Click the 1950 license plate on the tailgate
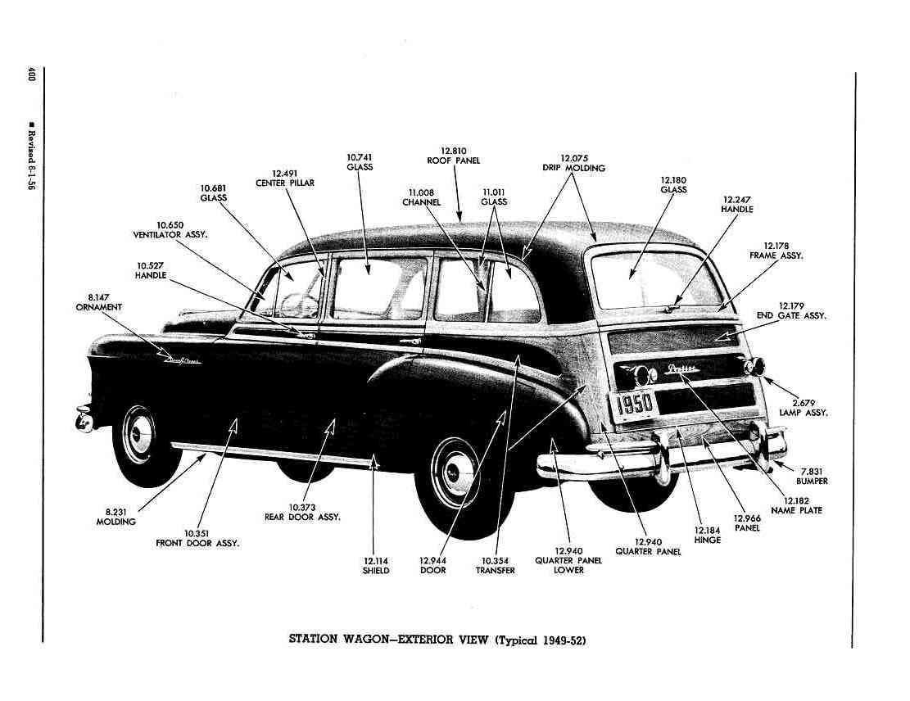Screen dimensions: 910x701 [634, 404]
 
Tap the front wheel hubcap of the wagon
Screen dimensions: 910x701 [140, 435]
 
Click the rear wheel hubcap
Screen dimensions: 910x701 [456, 472]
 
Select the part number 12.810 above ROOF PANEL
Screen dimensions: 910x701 [454, 151]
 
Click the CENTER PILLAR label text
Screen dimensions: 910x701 [285, 183]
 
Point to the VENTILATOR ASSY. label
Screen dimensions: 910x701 [170, 235]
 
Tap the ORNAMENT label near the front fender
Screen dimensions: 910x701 [98, 307]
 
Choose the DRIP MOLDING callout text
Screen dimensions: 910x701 [574, 168]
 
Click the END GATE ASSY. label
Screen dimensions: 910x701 [791, 315]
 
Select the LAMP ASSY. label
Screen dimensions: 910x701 [804, 413]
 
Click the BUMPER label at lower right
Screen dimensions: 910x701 [812, 481]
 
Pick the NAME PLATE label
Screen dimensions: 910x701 [796, 511]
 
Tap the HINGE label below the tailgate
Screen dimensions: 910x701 [708, 540]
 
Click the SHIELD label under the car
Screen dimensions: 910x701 [375, 571]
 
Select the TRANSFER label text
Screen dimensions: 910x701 [495, 571]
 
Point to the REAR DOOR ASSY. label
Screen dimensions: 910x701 [302, 517]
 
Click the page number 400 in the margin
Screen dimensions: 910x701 [31, 75]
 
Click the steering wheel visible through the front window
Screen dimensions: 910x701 [300, 305]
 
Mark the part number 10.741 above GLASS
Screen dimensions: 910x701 [360, 157]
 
